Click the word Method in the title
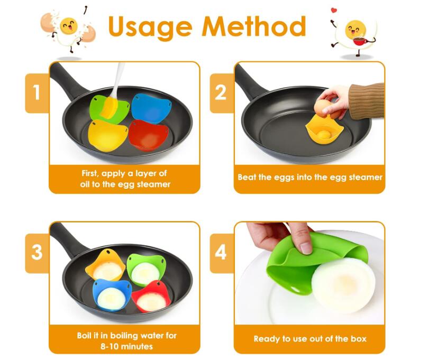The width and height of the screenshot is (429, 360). pos(254,26)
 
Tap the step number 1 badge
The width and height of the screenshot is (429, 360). pos(37,93)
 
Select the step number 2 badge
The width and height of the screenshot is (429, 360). pos(222,93)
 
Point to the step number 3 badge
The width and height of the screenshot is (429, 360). pos(37,253)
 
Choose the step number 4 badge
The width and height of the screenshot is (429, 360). pos(222,253)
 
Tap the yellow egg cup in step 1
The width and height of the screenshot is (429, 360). pos(108,135)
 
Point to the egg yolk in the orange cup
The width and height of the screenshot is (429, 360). pos(324,134)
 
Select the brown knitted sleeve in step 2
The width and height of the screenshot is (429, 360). pos(368,101)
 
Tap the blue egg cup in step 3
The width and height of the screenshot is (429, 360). pos(112,295)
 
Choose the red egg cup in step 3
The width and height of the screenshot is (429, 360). pos(151,297)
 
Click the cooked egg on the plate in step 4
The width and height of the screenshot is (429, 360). pos(344,285)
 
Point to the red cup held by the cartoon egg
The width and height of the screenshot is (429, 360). pos(359,41)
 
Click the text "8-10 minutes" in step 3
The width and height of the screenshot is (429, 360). pos(126,346)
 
